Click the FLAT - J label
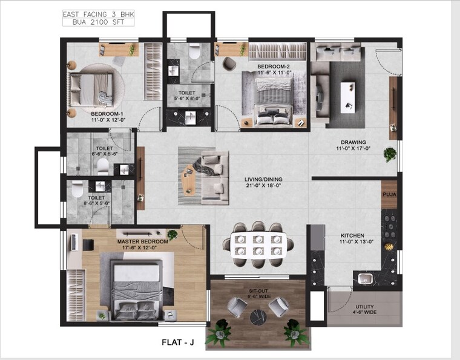(177, 342)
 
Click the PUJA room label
(389, 195)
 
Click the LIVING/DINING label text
(263, 180)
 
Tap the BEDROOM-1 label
(107, 114)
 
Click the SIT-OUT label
(258, 291)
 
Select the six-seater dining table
(258, 244)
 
